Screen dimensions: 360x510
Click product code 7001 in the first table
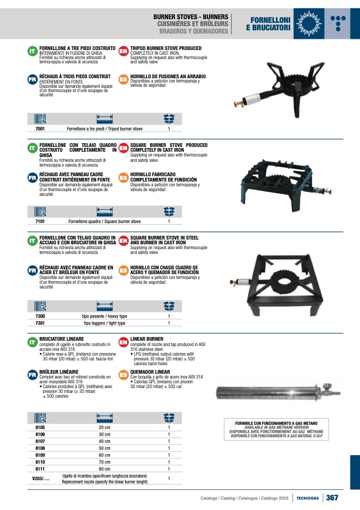40,129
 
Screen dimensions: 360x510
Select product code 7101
40,221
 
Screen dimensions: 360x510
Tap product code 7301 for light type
40,323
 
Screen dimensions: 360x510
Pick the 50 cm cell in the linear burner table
104,448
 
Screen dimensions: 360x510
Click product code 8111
40,469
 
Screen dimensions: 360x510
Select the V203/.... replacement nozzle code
40,479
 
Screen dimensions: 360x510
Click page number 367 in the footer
332,498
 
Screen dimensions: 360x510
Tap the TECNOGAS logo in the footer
307,498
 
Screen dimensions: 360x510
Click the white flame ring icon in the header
308,24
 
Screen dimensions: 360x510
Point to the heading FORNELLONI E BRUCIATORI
268,24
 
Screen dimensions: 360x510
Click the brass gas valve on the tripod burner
239,103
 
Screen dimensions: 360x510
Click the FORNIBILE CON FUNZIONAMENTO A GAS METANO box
276,429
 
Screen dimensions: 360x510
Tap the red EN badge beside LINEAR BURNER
123,342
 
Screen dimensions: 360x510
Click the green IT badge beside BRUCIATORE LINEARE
32,342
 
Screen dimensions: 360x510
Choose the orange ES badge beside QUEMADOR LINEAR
123,375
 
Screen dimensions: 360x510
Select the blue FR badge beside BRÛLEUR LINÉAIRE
32,375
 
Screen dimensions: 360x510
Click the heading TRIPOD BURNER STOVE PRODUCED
166,48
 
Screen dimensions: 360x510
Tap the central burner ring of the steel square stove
286,284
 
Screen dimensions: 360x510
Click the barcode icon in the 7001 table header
40,119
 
